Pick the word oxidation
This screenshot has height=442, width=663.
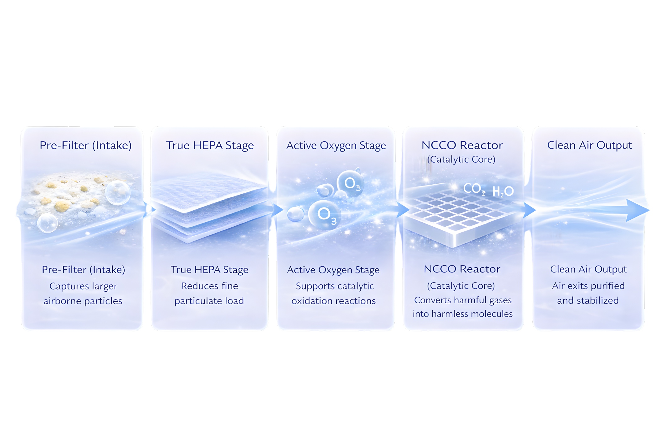click(x=310, y=301)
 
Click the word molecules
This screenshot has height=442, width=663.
click(x=496, y=314)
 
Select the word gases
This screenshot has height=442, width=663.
click(x=500, y=300)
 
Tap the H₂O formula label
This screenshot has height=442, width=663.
click(x=503, y=191)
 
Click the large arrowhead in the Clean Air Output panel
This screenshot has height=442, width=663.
click(x=637, y=210)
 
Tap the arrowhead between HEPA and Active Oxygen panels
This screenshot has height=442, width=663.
click(x=277, y=209)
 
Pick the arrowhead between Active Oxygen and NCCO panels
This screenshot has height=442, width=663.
click(x=402, y=210)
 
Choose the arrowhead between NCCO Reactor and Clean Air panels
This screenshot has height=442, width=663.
click(x=529, y=210)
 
